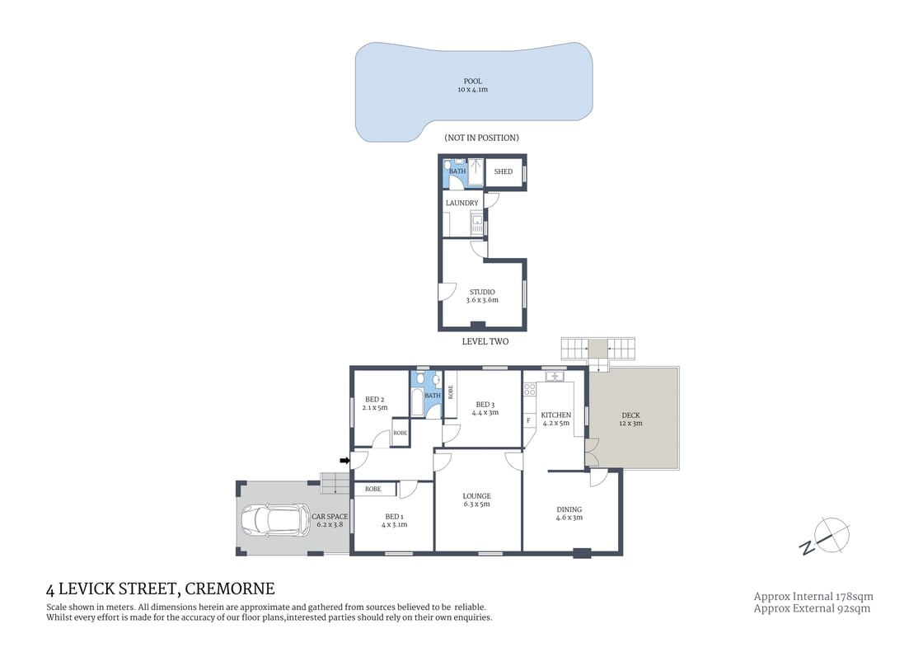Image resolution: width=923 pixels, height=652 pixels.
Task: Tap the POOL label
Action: click(x=472, y=82)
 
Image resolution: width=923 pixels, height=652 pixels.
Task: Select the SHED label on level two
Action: click(x=503, y=172)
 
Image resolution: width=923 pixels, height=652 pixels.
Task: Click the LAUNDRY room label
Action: click(x=461, y=203)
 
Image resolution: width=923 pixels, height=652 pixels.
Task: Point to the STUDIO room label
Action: click(x=482, y=292)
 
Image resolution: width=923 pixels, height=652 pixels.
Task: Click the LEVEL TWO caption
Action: click(x=485, y=341)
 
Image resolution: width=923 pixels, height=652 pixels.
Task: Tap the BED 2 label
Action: click(x=376, y=400)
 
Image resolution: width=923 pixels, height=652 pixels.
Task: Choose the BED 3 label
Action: click(x=485, y=405)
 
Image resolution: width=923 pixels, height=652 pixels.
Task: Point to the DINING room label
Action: click(x=569, y=509)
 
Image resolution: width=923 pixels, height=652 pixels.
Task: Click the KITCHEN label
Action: click(x=555, y=415)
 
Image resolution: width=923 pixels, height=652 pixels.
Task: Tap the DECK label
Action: click(x=630, y=415)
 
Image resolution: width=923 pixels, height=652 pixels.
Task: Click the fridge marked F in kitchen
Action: click(x=528, y=420)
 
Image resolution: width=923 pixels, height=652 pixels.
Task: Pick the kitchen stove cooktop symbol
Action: click(x=530, y=389)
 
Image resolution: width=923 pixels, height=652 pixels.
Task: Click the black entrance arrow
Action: click(x=344, y=461)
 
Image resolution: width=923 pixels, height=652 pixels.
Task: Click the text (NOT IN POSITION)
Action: click(x=481, y=138)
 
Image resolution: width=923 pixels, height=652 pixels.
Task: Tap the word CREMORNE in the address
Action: click(x=230, y=589)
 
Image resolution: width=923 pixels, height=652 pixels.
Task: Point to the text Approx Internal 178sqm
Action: click(x=813, y=596)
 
